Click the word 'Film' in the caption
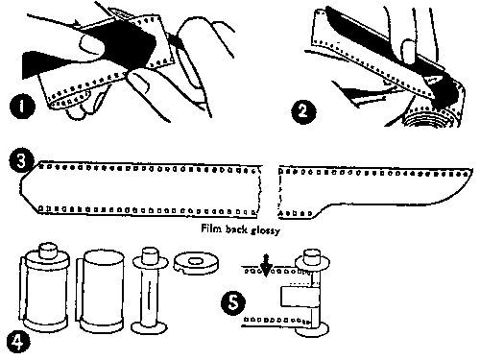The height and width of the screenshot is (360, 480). (x=209, y=230)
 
